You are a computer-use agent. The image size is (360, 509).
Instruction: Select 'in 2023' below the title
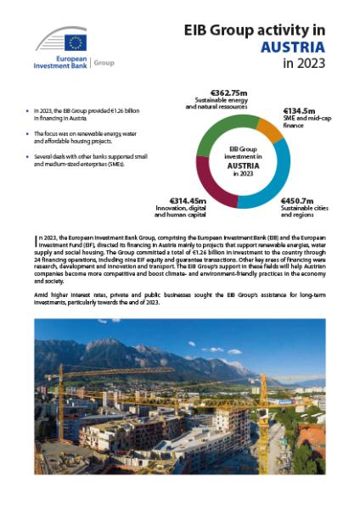point(307,64)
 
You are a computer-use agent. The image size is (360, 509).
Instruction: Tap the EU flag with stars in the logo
point(76,42)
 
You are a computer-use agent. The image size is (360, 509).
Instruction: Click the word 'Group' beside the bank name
point(104,63)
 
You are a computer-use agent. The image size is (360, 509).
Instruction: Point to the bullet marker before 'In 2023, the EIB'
point(28,110)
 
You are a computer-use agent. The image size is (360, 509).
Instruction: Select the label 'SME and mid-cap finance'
point(306,123)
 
